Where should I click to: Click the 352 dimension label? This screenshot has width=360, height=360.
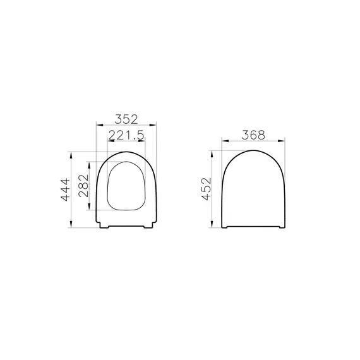click(x=126, y=119)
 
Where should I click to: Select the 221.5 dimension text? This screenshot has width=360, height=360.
click(x=126, y=135)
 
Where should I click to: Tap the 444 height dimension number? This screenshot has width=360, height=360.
click(x=66, y=189)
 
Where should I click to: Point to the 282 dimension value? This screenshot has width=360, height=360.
click(x=83, y=186)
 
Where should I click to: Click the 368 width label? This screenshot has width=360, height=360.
click(x=253, y=135)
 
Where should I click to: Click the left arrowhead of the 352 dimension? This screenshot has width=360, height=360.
click(x=99, y=125)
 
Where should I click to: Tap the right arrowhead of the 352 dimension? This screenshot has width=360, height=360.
click(x=153, y=125)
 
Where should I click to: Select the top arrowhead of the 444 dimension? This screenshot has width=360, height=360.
click(x=71, y=155)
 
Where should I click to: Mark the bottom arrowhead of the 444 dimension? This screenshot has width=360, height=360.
click(x=71, y=224)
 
